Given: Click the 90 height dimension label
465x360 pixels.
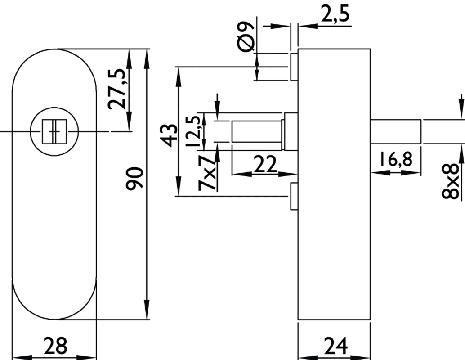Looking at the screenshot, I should tap(135, 178).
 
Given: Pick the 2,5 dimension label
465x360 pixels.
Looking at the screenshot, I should tap(335, 14).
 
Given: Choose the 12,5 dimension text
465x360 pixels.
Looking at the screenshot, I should tap(193, 131).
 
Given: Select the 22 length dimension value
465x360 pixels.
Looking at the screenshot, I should tap(265, 165).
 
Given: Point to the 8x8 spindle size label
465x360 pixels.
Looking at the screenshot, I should tap(451, 181).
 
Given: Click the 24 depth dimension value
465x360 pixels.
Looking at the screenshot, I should tap(335, 346).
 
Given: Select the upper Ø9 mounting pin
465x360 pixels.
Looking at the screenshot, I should tap(294, 67).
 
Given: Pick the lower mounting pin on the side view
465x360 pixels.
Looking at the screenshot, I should tap(294, 196).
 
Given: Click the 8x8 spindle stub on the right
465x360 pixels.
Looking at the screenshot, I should tap(396, 131).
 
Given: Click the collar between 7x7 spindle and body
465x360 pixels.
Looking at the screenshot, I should tap(290, 131).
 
